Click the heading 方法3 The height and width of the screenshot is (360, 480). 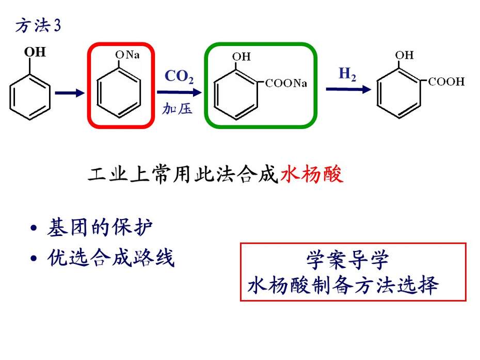(38, 25)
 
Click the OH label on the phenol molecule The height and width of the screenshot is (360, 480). (35, 52)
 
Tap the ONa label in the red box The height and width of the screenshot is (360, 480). (127, 55)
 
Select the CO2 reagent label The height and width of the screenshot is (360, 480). (179, 76)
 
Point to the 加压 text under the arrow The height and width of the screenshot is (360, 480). (177, 109)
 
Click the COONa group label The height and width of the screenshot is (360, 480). (286, 83)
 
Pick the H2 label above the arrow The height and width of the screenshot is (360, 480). (347, 74)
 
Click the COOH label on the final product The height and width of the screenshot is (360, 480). (446, 82)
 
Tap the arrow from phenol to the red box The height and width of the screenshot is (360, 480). (70, 93)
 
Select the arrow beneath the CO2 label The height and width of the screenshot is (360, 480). (180, 92)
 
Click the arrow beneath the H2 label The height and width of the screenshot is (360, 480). (349, 89)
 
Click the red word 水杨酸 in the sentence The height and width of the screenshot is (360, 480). (312, 174)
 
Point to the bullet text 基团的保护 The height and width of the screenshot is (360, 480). (100, 227)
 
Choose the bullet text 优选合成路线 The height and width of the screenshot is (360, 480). (111, 257)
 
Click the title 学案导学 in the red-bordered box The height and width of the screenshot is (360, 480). (348, 260)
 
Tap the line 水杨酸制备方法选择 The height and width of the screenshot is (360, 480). (343, 285)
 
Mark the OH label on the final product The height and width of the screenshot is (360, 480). (404, 55)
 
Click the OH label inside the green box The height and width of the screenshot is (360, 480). (241, 57)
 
